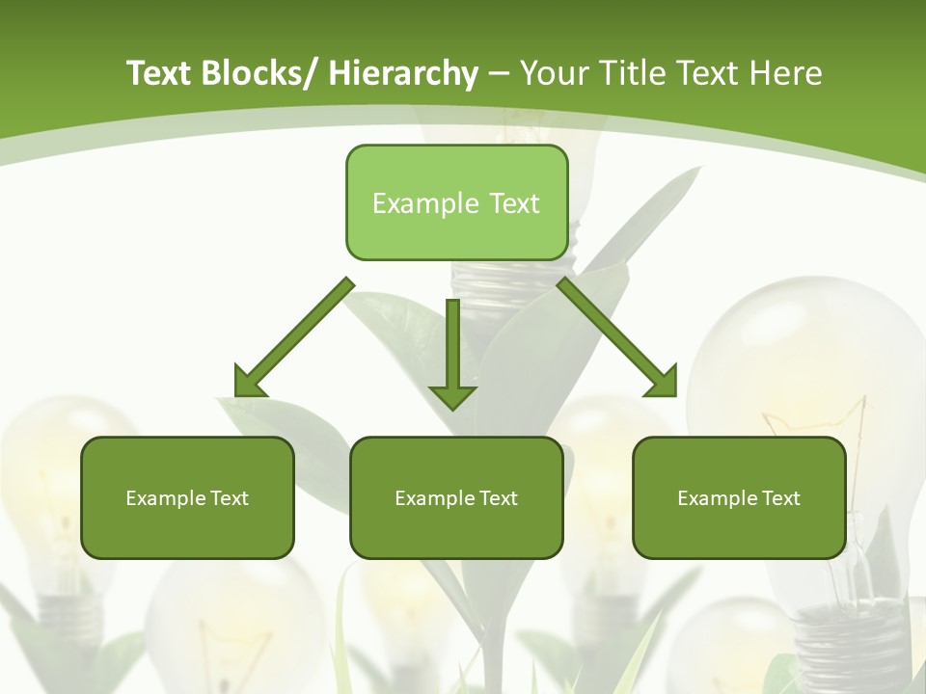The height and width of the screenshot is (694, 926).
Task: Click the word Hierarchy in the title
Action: [x=403, y=73]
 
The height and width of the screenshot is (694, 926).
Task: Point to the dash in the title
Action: [x=499, y=74]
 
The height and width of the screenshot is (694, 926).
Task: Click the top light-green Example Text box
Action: [x=456, y=202]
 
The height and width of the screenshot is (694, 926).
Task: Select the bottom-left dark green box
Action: [x=187, y=497]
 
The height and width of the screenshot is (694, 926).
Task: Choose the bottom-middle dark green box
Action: [x=456, y=497]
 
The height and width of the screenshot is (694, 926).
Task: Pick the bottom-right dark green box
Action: [x=739, y=497]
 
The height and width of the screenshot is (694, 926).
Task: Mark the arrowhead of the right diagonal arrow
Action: [x=663, y=382]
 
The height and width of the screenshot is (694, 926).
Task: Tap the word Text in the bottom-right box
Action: [x=780, y=498]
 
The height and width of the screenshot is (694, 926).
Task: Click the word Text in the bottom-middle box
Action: [x=498, y=498]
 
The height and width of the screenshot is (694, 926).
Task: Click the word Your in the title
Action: [x=553, y=73]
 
